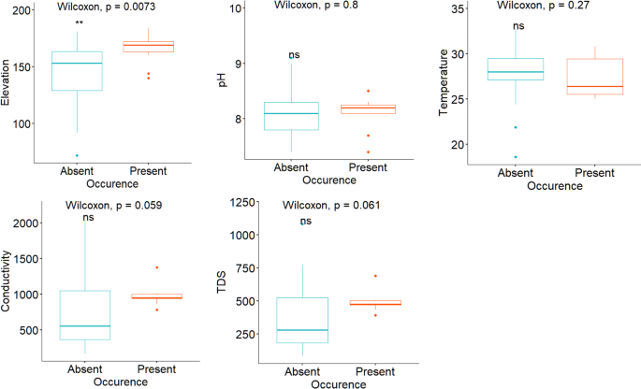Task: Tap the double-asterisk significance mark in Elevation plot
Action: [80, 23]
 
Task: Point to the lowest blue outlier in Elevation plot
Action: [77, 155]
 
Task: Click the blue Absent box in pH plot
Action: [292, 116]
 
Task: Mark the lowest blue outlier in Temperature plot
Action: [515, 157]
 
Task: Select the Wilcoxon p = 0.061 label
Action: [328, 205]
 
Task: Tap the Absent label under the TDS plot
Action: [301, 370]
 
